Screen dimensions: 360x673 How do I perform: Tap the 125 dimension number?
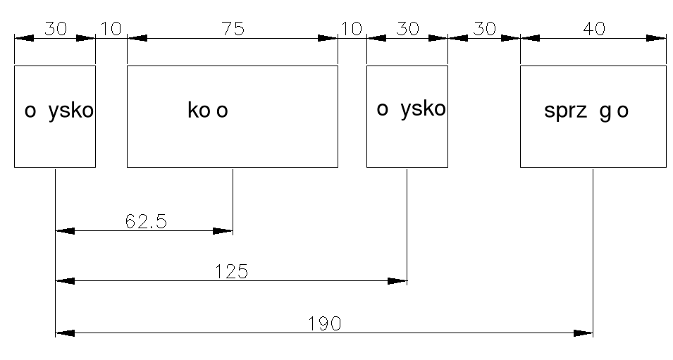point(232,271)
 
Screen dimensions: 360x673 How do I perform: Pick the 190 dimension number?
point(325,323)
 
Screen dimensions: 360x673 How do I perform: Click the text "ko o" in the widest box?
point(208,111)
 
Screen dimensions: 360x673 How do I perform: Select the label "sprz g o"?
point(586,111)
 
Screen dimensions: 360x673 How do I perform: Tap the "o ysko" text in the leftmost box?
point(58,111)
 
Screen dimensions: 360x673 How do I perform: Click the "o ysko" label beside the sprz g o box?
point(411,109)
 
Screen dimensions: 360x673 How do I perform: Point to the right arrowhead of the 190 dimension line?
point(584,333)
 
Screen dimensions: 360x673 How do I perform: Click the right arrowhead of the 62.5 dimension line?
point(224,230)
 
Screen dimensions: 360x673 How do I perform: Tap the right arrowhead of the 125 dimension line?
point(398,281)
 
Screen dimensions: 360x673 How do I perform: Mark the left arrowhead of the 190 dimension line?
point(64,333)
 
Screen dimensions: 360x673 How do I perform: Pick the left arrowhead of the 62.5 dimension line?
point(64,230)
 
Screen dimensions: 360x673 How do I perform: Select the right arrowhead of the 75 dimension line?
point(329,39)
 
